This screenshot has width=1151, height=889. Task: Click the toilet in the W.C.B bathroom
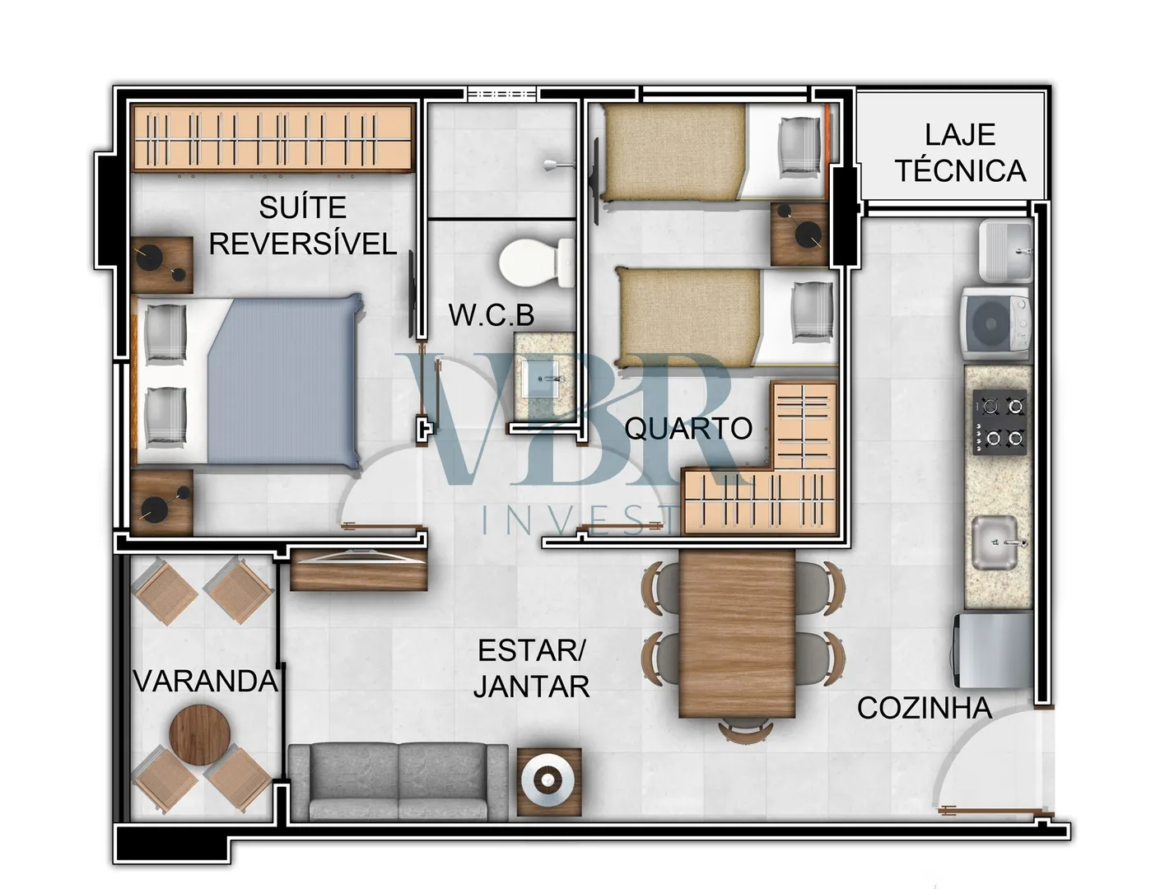[x=536, y=263]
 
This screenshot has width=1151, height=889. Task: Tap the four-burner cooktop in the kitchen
[x=999, y=422]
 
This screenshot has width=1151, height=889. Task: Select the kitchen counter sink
[x=995, y=542]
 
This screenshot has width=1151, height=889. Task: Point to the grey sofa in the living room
[x=398, y=783]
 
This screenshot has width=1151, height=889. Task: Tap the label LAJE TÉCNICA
[x=960, y=153]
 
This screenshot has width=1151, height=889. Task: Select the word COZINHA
[x=925, y=708]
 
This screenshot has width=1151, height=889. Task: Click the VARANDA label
[x=206, y=681]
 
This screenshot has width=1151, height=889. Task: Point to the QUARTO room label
[x=688, y=428]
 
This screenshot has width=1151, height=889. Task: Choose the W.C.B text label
[x=491, y=315]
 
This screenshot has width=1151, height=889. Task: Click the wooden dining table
[x=737, y=633]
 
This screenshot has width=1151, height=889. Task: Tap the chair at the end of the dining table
[x=744, y=729]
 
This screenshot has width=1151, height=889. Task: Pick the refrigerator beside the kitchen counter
[x=993, y=650]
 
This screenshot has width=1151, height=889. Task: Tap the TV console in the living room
[x=359, y=569]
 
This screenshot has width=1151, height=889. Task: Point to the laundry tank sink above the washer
[x=1005, y=251]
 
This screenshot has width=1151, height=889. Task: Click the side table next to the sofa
[x=549, y=782]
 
